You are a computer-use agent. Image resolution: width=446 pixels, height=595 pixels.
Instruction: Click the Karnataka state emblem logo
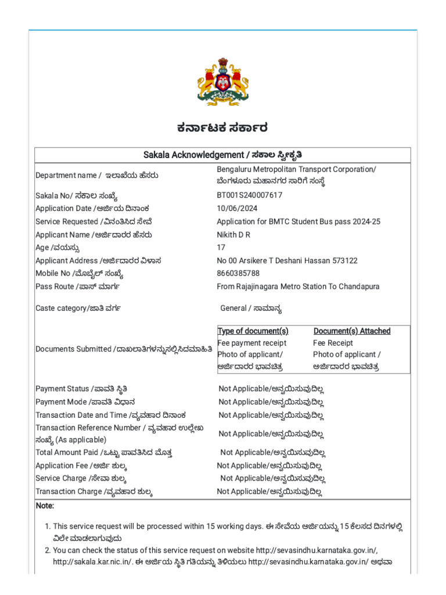point(223,81)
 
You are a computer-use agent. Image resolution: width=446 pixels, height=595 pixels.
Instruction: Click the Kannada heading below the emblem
point(223,128)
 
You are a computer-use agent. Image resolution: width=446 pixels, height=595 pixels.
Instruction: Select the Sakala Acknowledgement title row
point(222,155)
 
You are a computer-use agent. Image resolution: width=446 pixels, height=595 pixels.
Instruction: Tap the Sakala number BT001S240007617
point(249,195)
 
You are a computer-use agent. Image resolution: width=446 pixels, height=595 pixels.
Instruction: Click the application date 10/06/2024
point(237,208)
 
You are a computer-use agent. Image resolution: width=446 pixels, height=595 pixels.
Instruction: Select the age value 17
point(221,247)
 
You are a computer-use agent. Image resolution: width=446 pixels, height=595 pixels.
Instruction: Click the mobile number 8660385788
point(238,273)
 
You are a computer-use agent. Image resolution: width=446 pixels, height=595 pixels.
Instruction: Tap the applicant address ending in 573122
point(287,260)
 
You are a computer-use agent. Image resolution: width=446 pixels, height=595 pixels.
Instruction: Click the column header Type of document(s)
point(253,331)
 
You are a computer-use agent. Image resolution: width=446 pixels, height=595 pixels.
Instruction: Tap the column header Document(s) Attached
point(352,331)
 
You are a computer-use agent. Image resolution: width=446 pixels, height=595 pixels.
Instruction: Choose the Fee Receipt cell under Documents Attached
point(333,343)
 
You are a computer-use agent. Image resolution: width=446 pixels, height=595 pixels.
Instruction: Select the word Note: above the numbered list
point(45,506)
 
